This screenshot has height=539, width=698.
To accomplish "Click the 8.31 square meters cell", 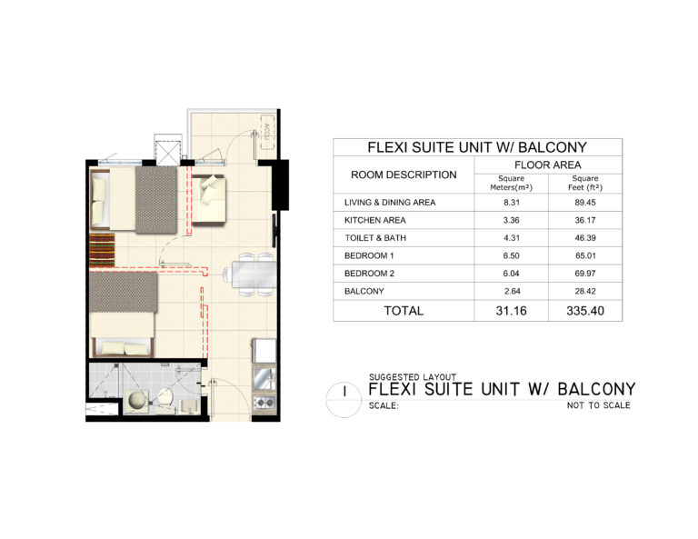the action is tap(512, 202).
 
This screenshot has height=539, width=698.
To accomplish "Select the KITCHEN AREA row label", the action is tap(374, 220).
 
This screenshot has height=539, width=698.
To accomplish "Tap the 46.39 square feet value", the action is tap(585, 237).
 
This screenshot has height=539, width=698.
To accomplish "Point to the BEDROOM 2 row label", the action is tap(369, 274).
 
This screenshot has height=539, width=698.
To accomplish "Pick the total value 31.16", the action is tap(511, 311).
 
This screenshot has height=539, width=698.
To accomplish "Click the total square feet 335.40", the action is tap(585, 311).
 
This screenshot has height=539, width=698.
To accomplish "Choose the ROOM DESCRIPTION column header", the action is tap(404, 175).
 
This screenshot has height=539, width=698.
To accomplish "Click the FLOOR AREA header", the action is tap(547, 165).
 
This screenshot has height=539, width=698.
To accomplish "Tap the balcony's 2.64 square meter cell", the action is tap(512, 291).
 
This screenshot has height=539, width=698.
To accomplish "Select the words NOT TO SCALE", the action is tap(598, 405).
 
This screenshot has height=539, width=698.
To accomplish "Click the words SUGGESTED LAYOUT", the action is tap(413, 377).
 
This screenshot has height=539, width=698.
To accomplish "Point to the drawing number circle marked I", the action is tap(344, 400).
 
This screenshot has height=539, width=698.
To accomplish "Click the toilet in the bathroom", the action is tap(165, 398).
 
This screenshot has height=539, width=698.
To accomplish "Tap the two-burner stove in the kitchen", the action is tap(264, 403).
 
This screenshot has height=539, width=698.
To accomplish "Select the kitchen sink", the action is tap(264, 378).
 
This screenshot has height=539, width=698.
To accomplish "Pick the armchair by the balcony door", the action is tap(208, 199).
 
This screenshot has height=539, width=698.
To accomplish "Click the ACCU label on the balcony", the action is tap(266, 130).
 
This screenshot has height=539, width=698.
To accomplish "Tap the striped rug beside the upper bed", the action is tap(102, 250).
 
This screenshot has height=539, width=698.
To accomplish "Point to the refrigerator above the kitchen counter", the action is tap(264, 351).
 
